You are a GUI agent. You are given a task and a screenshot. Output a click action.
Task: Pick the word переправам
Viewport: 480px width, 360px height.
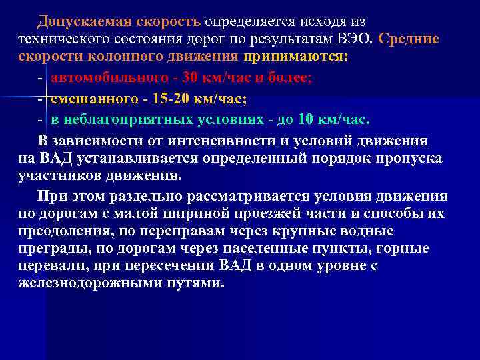pyautogui.click(x=157, y=231)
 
